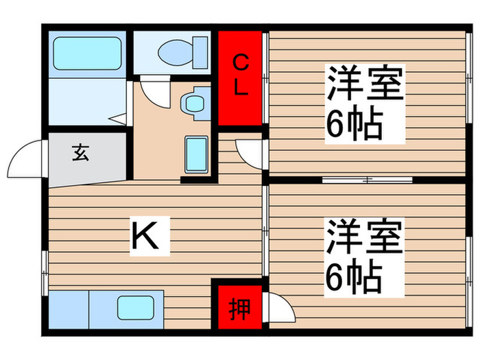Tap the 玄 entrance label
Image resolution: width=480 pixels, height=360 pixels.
[80, 154]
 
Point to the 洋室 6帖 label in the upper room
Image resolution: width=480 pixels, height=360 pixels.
[364, 103]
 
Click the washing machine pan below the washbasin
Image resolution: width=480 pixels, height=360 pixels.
[197, 155]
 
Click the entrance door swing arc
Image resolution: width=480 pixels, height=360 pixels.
[26, 159]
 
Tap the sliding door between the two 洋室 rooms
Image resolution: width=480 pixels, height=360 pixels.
[367, 180]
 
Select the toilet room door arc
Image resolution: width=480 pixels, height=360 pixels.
[155, 93]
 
